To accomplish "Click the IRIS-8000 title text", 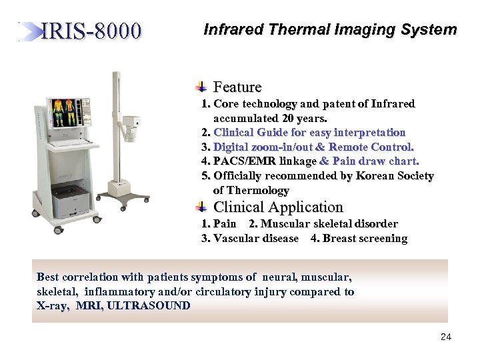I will pos(91,31).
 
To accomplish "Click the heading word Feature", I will pos(237,87).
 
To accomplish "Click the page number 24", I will pos(446,337).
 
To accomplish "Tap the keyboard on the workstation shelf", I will pos(66,143).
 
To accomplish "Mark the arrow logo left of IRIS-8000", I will pos(31,31).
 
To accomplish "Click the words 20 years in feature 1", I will pos(306,119).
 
